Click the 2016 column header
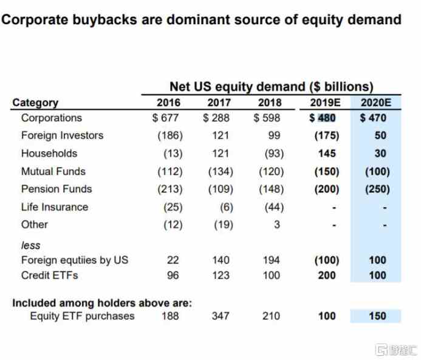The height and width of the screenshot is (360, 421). pos(168,102)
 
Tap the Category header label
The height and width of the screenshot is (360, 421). pos(35,103)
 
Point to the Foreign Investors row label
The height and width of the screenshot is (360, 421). pos(62,135)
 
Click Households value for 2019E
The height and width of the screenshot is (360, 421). pos(327,154)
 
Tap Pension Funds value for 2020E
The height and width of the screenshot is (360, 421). pos(377,189)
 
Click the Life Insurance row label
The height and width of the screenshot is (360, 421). pos(55,207)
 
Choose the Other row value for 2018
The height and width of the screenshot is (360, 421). pos(276,225)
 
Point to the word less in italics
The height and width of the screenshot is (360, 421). pos(30,245)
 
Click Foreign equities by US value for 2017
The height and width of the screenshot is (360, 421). pos(221,260)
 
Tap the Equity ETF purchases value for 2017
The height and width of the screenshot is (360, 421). pos(221,316)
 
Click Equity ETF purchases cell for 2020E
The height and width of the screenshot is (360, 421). pos(377,316)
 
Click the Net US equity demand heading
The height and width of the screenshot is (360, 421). pos(271,87)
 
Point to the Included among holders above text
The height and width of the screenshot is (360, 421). pos(102,302)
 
